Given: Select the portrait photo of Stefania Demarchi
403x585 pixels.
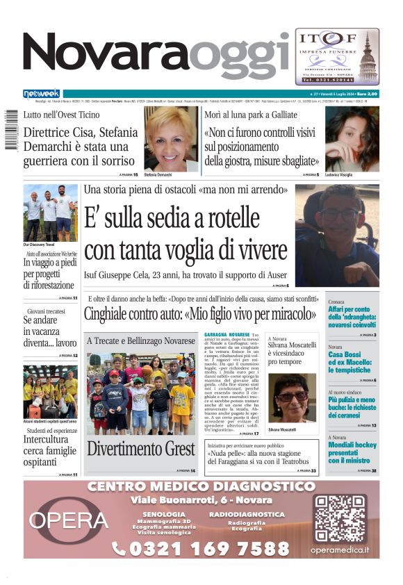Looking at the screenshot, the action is point(171,138).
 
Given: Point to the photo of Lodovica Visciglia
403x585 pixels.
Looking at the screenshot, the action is point(352,138).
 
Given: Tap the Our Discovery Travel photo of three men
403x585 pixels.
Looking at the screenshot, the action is point(50,213).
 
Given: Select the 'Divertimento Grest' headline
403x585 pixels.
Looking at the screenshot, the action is point(141,448).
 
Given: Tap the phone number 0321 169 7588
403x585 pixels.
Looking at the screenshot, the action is point(201,549).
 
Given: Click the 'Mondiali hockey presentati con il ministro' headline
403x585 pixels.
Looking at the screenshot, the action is point(352,448).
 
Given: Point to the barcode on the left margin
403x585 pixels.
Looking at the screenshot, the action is point(10,129).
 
